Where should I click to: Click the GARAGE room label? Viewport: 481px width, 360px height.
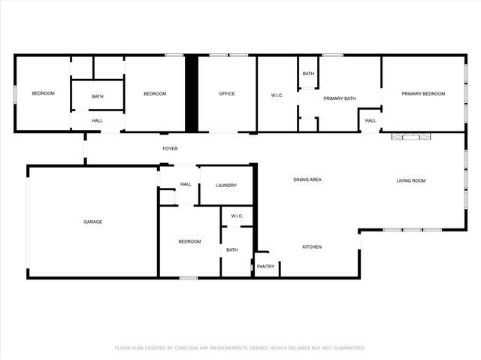tap(92, 222)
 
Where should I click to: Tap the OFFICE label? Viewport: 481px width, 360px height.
tap(226, 94)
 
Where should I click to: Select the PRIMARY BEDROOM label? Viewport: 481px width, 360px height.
tap(423, 94)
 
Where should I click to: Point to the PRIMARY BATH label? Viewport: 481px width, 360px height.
tap(338, 98)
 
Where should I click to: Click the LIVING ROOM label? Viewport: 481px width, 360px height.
tap(411, 180)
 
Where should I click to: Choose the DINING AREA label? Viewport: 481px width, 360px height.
tap(307, 180)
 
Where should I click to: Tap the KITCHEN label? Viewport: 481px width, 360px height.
tap(312, 247)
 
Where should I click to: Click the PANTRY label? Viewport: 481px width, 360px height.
tap(265, 266)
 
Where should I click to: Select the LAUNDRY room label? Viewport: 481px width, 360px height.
tap(226, 185)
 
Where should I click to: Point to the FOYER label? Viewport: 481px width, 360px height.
tap(171, 149)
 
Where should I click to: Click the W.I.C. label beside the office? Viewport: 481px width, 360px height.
tap(277, 95)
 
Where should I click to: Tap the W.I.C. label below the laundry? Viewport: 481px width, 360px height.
tap(237, 216)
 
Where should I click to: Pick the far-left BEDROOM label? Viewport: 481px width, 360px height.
tap(43, 94)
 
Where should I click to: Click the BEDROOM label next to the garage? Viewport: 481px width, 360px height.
tap(189, 241)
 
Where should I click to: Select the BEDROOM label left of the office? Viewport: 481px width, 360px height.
tap(155, 94)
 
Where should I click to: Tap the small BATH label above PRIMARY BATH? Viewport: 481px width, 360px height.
tap(309, 74)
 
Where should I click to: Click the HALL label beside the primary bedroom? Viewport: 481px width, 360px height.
tap(371, 121)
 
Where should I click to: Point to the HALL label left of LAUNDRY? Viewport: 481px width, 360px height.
tap(186, 184)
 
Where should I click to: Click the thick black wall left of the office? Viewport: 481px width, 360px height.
tap(191, 93)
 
